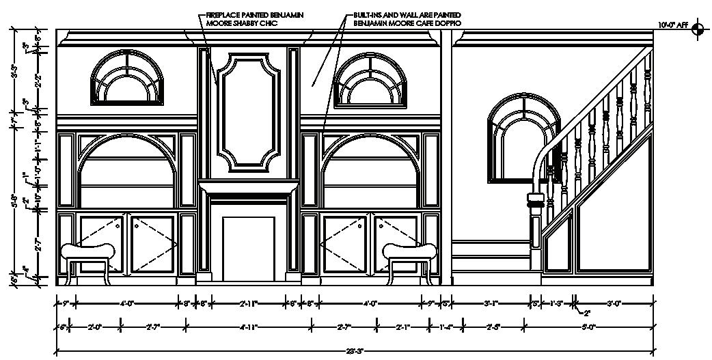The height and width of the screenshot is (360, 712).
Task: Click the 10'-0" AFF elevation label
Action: [674, 25]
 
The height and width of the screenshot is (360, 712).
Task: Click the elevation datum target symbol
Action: [697, 29]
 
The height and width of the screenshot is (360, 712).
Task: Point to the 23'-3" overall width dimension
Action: [353, 351]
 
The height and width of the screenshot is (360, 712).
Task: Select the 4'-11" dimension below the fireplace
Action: [248, 327]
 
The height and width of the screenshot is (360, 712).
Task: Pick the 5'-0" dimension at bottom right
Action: [588, 327]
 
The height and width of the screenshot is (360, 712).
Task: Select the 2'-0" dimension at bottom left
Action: [96, 327]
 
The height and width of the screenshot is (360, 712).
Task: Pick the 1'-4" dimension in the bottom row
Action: [446, 327]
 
